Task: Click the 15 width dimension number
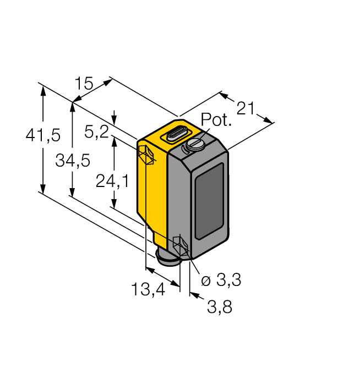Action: point(84,84)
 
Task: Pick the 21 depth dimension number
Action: point(246,108)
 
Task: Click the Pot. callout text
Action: point(216,120)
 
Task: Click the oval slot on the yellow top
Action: point(176,134)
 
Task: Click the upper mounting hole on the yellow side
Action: point(146,155)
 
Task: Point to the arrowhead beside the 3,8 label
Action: point(194,294)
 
